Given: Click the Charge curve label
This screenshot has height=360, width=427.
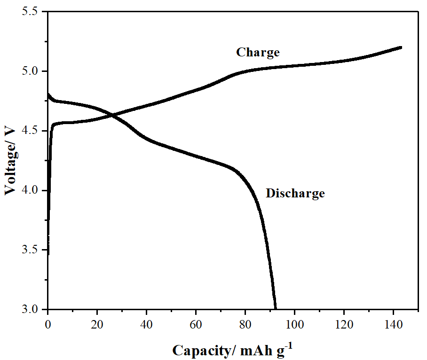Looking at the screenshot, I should [x=258, y=52].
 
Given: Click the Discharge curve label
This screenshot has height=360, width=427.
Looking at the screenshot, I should [x=295, y=193].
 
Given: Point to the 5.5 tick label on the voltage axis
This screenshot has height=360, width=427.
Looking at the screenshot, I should [x=32, y=12].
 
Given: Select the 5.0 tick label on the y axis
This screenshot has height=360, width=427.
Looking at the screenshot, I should [x=32, y=71].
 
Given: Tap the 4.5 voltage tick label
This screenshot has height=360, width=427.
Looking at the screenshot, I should [x=32, y=131].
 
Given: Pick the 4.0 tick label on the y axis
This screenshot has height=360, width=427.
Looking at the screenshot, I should [x=32, y=190].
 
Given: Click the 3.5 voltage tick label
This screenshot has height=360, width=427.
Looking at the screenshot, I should [x=32, y=250].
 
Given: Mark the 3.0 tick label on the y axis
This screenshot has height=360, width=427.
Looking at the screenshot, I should [x=32, y=310].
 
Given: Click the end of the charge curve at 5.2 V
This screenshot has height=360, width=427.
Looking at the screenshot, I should [x=401, y=47].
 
